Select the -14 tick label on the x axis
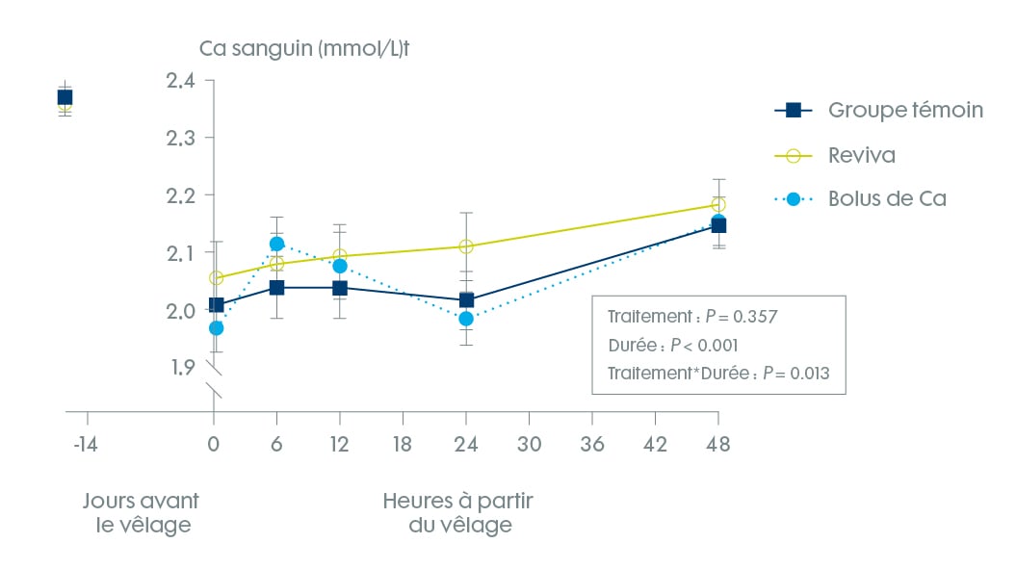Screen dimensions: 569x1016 (87, 444)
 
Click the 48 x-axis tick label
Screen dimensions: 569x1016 (717, 444)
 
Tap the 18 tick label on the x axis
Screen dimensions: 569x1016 (403, 444)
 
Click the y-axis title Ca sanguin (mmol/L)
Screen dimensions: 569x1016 (307, 48)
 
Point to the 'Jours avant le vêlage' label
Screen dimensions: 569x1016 (141, 513)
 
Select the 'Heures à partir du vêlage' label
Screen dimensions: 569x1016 (457, 513)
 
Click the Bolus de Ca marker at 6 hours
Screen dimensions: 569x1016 (277, 245)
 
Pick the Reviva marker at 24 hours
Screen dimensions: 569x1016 (466, 246)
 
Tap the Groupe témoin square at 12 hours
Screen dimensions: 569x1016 (340, 288)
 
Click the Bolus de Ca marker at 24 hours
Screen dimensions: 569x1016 (466, 319)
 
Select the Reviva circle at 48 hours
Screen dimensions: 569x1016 (717, 204)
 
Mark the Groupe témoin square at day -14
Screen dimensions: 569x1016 (65, 97)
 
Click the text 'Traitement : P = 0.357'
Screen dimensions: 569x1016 (679, 317)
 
